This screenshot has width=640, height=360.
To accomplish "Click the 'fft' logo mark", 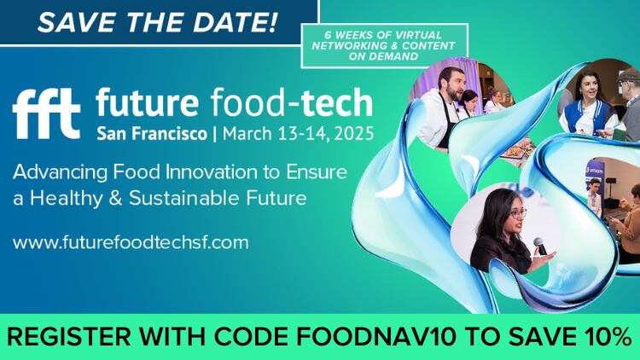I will click(46, 111).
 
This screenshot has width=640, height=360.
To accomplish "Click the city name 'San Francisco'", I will click(150, 135).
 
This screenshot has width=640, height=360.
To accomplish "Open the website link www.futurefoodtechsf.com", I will click(131, 241).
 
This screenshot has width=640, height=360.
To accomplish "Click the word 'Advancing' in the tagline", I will click(54, 171).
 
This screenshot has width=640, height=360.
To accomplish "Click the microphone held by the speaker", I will click(539, 247).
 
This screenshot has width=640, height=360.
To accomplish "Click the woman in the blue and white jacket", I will click(588, 107).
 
